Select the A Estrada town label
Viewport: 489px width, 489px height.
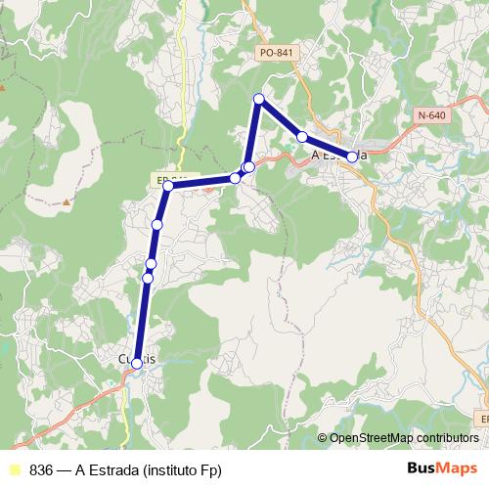click(x=338, y=155)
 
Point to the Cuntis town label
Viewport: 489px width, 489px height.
click(x=137, y=360)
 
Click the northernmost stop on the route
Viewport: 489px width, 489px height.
click(x=259, y=99)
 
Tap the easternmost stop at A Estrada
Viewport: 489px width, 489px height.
click(x=352, y=156)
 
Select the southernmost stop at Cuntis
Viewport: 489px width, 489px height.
click(x=136, y=363)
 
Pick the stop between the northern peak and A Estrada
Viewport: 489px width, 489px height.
click(x=302, y=137)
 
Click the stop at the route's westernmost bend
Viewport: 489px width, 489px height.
click(x=168, y=186)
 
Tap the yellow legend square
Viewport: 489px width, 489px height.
click(x=14, y=468)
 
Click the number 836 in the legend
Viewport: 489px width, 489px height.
click(x=41, y=468)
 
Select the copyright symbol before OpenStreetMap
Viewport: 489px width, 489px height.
click(x=323, y=438)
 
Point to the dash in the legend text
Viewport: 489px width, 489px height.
click(x=64, y=468)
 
